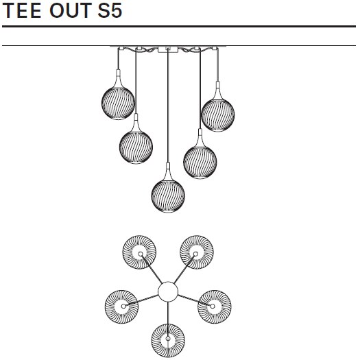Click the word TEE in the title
[21, 10]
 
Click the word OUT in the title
[71, 10]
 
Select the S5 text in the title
[110, 10]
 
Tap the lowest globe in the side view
[168, 195]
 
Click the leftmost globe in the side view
[118, 103]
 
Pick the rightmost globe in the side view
[218, 115]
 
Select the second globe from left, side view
[136, 147]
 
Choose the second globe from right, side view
[200, 162]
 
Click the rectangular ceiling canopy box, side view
[168, 49]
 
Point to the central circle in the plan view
[168, 291]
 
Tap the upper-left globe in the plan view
[139, 252]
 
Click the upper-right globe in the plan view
[197, 252]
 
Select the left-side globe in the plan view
[121, 307]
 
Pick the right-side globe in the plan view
[215, 307]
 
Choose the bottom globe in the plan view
[168, 341]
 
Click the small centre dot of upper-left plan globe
[141, 254]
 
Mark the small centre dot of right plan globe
[213, 306]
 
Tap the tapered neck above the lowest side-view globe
[168, 172]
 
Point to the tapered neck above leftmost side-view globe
[118, 80]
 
